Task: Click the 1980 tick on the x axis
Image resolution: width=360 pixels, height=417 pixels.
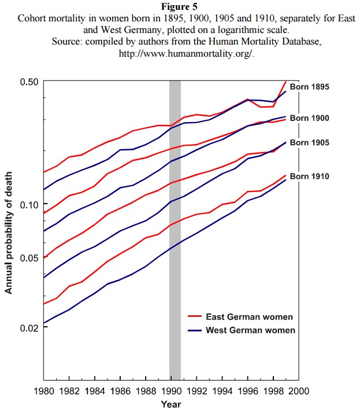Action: tap(44, 391)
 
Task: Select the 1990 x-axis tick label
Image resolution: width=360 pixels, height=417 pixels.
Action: tap(171, 391)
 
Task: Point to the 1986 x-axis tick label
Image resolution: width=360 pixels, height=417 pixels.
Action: tap(120, 391)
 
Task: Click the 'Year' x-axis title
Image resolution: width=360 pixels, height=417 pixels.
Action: tap(171, 404)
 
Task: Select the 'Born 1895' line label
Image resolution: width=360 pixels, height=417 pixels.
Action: tap(309, 87)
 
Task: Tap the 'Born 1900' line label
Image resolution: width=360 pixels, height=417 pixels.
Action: tap(309, 118)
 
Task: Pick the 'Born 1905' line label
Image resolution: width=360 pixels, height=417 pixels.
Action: tap(309, 142)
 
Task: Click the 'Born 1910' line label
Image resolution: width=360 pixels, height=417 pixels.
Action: tap(309, 176)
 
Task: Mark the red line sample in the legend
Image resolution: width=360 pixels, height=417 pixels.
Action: tap(194, 316)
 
